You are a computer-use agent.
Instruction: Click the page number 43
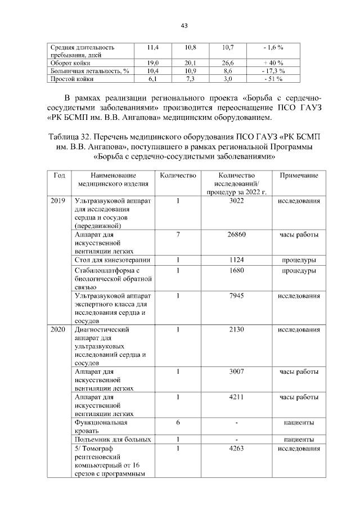point(183,26)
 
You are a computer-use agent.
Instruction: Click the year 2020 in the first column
point(58,329)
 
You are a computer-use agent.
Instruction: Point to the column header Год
point(58,176)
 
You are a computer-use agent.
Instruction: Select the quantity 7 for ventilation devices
point(177,234)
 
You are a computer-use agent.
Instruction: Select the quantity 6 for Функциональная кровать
point(177,423)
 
